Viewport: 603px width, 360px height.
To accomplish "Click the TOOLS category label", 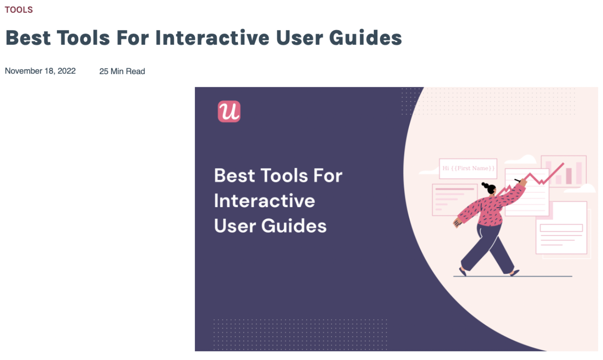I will pos(19,10).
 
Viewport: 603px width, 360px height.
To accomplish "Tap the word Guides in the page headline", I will pos(365,38).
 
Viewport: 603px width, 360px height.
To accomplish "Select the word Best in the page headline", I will pos(28,38).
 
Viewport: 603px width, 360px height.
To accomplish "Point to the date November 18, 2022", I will pos(40,71).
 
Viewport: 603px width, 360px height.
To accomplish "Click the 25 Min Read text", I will pos(122,71).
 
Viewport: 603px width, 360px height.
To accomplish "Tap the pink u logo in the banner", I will pos(229,111).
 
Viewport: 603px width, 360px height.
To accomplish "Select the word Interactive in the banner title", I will pos(264,201).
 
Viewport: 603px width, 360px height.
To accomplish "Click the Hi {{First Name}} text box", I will pos(468,168).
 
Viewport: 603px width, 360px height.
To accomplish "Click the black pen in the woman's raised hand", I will pos(517,180).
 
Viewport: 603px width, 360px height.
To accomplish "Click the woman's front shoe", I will pos(514,273).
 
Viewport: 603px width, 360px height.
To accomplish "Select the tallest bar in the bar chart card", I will pos(579,173).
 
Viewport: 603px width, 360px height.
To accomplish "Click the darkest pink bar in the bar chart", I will pos(569,176).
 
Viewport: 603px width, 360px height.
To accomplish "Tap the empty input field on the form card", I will pos(561,228).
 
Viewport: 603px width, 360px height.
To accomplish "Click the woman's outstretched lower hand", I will pos(457,223).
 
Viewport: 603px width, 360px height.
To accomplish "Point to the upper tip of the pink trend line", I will pos(563,164).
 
